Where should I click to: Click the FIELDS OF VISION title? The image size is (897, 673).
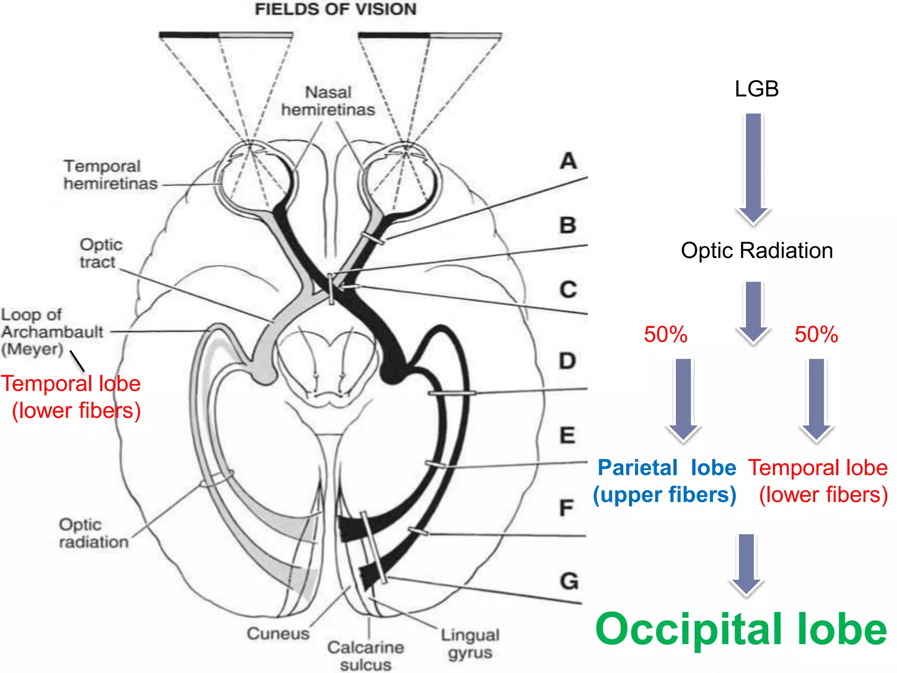tap(335, 9)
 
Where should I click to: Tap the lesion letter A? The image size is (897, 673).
tap(569, 161)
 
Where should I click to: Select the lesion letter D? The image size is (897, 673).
tap(568, 361)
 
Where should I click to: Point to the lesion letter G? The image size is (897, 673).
tap(569, 581)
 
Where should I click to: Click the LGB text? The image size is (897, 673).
tap(756, 89)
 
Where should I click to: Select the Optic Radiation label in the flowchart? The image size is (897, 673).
tap(756, 251)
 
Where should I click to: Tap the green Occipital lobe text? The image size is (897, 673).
tap(741, 629)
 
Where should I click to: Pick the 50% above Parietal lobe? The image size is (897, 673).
tap(665, 334)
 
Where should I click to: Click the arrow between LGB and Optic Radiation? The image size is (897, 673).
tap(753, 169)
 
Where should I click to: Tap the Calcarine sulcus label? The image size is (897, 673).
tap(366, 655)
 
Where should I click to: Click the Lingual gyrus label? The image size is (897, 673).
tap(470, 643)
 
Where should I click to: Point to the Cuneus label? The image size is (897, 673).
tap(278, 633)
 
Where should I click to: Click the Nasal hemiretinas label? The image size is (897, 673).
tap(328, 101)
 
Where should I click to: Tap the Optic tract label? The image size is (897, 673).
tap(101, 253)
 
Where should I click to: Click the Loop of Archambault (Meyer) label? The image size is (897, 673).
tap(52, 332)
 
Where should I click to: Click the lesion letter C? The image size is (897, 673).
tap(568, 290)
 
